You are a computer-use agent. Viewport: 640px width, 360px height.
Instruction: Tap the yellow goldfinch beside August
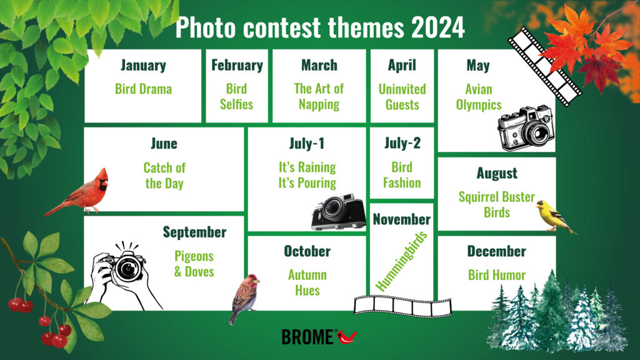(555, 216)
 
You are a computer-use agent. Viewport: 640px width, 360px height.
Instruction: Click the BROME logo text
(307, 337)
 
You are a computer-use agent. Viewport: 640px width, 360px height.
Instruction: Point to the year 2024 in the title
(438, 27)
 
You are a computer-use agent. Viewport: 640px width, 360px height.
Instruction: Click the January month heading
(143, 65)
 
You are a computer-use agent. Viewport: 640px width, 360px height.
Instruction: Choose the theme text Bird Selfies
(237, 96)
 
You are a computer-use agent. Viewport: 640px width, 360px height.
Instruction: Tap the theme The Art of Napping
(319, 96)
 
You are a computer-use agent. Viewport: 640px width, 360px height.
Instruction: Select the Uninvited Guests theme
(402, 97)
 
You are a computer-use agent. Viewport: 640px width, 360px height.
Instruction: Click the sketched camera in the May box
(526, 128)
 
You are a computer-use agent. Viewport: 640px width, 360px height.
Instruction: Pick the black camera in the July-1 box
(339, 212)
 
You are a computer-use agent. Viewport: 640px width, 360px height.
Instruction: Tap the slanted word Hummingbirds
(401, 261)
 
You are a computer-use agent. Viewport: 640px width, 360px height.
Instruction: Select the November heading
(402, 219)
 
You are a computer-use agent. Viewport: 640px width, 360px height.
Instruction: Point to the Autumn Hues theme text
(307, 282)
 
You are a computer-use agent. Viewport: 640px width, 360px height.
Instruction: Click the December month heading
(497, 251)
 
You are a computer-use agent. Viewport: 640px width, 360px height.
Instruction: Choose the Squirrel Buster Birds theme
(497, 204)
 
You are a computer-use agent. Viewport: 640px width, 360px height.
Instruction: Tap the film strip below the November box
(403, 306)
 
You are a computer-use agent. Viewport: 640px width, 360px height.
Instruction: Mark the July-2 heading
(402, 143)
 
